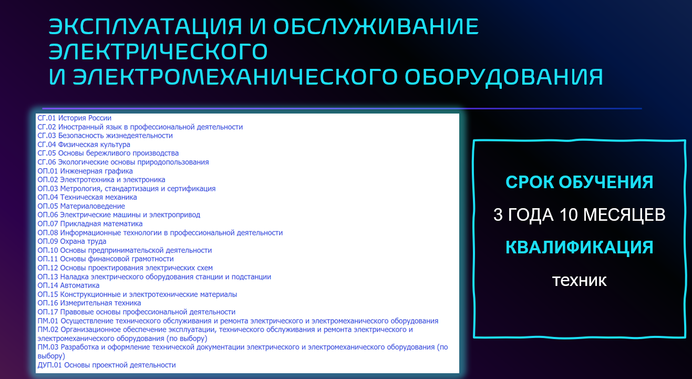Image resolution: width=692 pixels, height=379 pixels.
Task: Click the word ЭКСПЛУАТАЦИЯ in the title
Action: [146, 27]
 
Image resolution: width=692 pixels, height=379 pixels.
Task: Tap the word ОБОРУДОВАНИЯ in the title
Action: [504, 77]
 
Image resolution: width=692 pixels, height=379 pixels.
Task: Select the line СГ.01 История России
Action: [75, 118]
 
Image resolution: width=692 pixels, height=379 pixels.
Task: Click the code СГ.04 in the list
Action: [47, 145]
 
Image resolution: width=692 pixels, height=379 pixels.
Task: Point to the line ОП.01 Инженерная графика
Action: [85, 171]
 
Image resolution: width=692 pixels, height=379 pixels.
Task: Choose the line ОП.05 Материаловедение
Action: [81, 206]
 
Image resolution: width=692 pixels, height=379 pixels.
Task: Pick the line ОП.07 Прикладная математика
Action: [90, 224]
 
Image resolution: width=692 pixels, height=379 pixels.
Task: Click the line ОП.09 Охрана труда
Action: [72, 241]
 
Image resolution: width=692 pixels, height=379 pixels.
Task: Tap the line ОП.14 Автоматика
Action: [69, 285]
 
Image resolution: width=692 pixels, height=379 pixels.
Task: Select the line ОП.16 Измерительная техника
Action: [89, 303]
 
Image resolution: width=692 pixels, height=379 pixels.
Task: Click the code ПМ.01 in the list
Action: [48, 321]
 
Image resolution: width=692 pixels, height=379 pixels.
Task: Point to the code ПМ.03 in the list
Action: [48, 347]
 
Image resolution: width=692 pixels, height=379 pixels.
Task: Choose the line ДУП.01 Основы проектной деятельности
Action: [107, 365]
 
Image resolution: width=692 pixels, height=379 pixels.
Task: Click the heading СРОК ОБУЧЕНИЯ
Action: [579, 182]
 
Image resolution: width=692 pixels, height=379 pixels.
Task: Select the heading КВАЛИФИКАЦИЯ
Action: [579, 247]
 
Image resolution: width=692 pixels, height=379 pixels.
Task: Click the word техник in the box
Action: [579, 280]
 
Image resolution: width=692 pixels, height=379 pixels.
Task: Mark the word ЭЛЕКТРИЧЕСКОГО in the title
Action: [158, 52]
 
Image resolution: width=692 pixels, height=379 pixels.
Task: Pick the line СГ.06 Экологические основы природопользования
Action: [123, 162]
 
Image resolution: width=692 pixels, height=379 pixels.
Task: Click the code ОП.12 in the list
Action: [48, 268]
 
